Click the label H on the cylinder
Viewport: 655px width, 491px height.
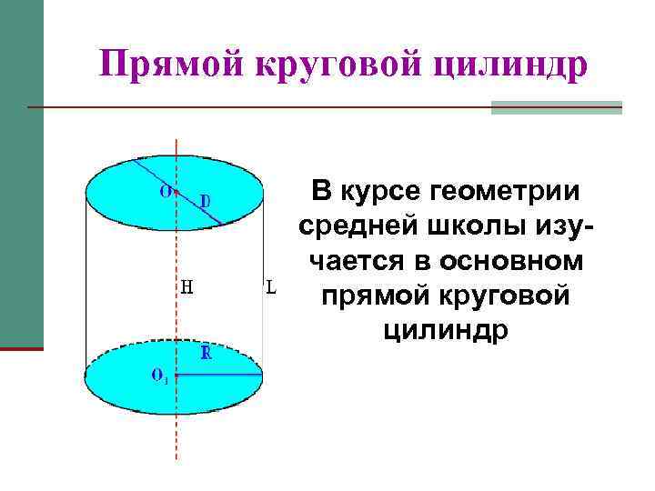pyautogui.click(x=186, y=288)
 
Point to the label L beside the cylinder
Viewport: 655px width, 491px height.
pyautogui.click(x=270, y=288)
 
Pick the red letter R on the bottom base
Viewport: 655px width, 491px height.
pyautogui.click(x=206, y=353)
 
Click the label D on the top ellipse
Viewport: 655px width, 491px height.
pyautogui.click(x=205, y=199)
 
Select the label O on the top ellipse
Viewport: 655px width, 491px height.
pyautogui.click(x=165, y=191)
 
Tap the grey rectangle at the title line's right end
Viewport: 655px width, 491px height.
pyautogui.click(x=556, y=107)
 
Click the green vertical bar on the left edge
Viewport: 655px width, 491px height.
pyautogui.click(x=21, y=173)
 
